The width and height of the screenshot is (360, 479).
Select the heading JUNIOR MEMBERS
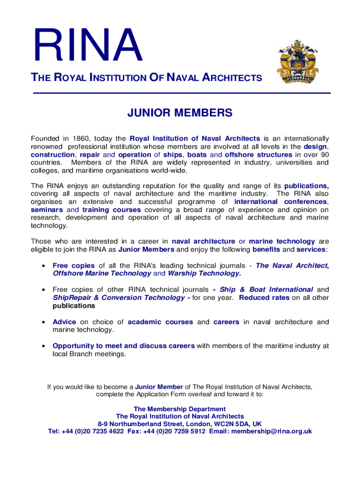[180, 113]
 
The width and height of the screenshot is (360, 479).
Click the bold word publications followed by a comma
[306, 186]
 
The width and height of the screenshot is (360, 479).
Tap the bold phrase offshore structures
[259, 154]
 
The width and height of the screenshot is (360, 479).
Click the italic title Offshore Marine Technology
[102, 273]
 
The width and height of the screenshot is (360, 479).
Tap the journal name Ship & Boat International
[266, 290]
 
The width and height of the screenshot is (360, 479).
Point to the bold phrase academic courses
[160, 322]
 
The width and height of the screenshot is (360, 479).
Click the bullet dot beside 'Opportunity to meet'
[43, 346]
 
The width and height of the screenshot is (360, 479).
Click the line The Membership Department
[180, 409]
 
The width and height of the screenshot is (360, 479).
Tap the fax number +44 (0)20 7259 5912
[174, 431]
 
